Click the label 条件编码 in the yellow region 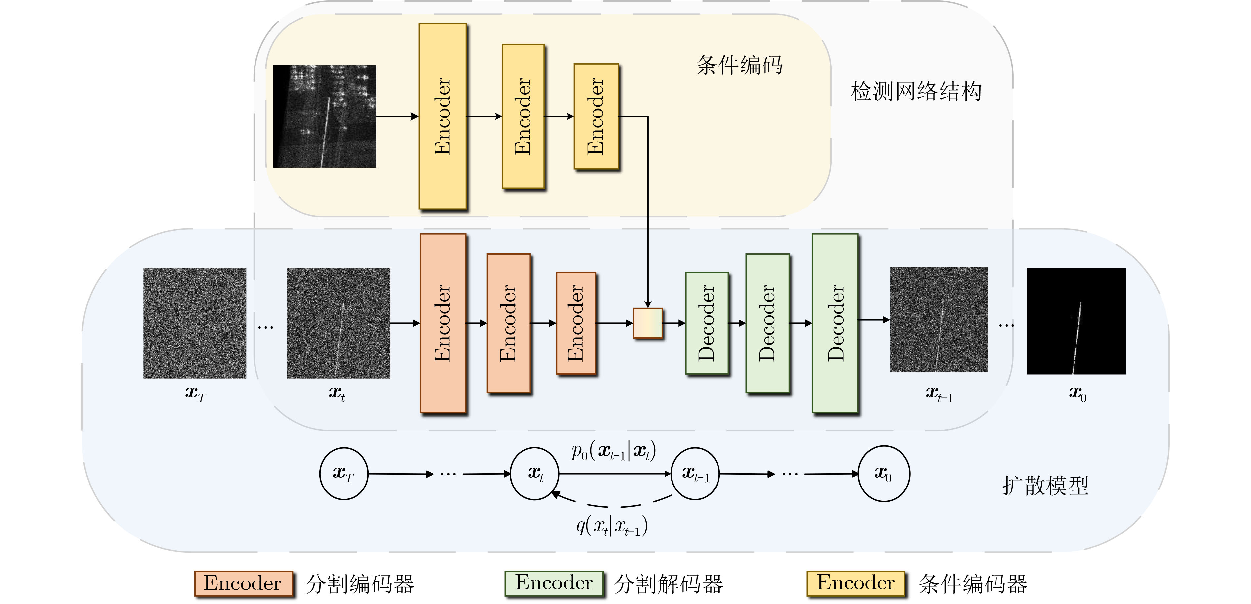pyautogui.click(x=739, y=65)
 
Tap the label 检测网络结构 pyautogui.click(x=916, y=91)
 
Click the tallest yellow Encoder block pyautogui.click(x=442, y=116)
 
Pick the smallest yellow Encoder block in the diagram pyautogui.click(x=596, y=116)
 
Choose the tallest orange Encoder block pyautogui.click(x=443, y=323)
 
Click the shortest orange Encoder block pyautogui.click(x=576, y=323)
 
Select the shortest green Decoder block pyautogui.click(x=707, y=323)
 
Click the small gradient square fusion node pyautogui.click(x=648, y=323)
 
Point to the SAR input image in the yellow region pyautogui.click(x=324, y=116)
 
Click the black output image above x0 pyautogui.click(x=1076, y=321)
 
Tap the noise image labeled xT pyautogui.click(x=195, y=323)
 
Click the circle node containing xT pyautogui.click(x=343, y=473)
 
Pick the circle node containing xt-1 pyautogui.click(x=695, y=473)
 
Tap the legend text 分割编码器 pyautogui.click(x=360, y=583)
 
